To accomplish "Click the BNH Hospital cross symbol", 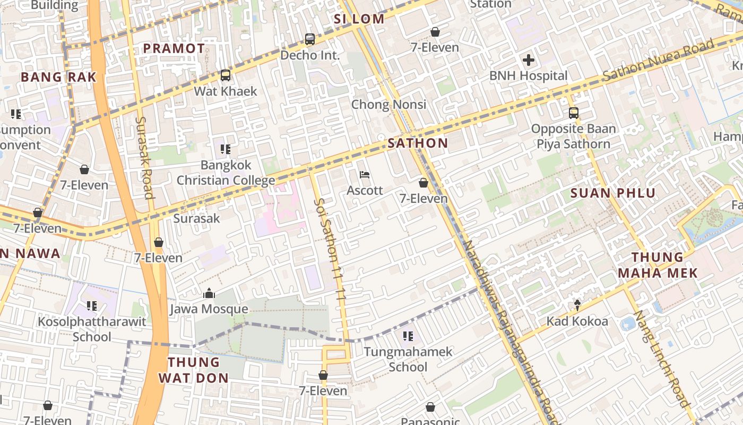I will click(529, 60).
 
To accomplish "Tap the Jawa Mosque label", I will click(209, 309).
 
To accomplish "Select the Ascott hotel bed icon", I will click(365, 175).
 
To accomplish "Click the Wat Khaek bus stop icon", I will click(226, 75).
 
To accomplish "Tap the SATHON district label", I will click(418, 143).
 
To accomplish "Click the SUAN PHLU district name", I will click(613, 193).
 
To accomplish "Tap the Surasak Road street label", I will click(144, 157).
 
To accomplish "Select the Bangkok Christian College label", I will click(226, 173).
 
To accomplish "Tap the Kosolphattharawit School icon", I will click(92, 306).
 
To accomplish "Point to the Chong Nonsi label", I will click(388, 104).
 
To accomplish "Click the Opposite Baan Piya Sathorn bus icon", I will click(574, 113).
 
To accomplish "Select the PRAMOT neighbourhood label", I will click(174, 48).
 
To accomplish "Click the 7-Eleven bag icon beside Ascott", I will click(424, 183).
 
